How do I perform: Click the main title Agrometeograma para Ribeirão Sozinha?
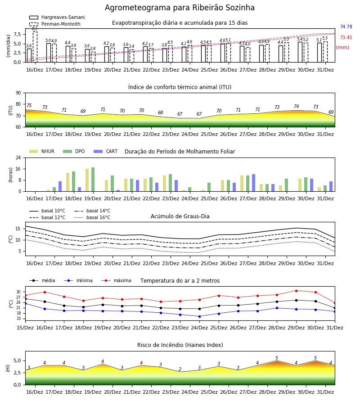tap(180, 8)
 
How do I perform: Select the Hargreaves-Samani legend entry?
tap(57, 17)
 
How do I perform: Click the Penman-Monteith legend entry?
tap(55, 24)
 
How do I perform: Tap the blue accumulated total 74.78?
tap(346, 27)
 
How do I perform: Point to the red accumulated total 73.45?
tap(346, 37)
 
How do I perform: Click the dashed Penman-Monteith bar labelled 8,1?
tap(35, 47)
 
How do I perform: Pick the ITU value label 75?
tap(29, 105)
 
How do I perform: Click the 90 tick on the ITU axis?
tap(18, 93)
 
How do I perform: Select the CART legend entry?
tap(106, 151)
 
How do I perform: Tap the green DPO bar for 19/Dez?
tap(93, 180)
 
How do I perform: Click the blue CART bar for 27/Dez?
tap(254, 183)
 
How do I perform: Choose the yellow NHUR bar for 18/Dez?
tap(67, 182)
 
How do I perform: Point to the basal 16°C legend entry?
tap(92, 217)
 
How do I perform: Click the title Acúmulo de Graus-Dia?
tap(180, 216)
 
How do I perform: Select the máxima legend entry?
tap(116, 280)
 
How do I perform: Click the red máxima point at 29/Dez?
tap(296, 291)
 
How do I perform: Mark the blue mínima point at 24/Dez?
tap(199, 316)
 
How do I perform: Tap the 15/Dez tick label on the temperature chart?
tap(25, 328)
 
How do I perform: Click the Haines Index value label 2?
tap(180, 369)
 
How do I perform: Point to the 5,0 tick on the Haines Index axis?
tap(17, 361)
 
